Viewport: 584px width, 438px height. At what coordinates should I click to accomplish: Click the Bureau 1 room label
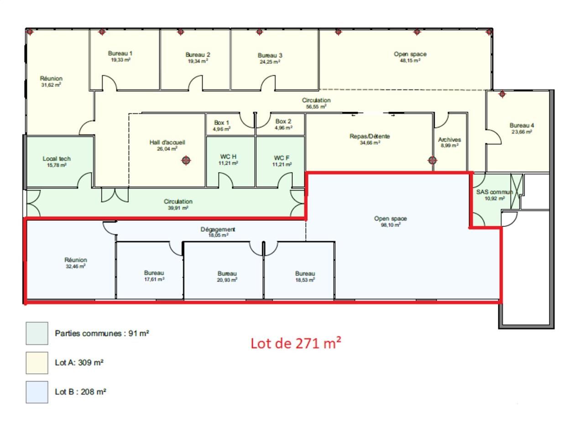click(120, 53)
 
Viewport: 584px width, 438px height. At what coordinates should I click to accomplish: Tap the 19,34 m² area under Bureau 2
click(198, 61)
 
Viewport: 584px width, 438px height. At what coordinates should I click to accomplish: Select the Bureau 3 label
click(270, 56)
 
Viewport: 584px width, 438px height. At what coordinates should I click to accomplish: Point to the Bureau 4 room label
click(521, 125)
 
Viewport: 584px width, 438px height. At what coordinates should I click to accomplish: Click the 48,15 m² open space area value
click(410, 61)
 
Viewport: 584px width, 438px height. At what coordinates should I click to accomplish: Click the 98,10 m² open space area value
click(391, 225)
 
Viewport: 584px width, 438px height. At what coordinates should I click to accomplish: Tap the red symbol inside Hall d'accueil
click(186, 160)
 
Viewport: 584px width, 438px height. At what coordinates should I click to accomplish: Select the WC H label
click(228, 157)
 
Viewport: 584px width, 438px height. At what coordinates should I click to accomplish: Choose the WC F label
click(282, 158)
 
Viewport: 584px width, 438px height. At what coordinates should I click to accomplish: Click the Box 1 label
click(222, 123)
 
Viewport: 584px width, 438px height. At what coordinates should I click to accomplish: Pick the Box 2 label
click(283, 121)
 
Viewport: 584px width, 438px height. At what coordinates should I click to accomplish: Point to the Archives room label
click(449, 140)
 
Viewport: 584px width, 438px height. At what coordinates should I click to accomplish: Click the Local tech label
click(57, 159)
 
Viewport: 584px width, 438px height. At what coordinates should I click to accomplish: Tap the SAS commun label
click(495, 192)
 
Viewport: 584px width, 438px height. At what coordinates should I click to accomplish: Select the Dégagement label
click(218, 229)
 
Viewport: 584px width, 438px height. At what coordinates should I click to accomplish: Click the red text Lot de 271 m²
click(296, 343)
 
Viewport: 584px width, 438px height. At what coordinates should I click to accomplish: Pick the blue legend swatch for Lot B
click(37, 392)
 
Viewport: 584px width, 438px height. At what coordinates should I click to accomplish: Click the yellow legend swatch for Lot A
click(37, 363)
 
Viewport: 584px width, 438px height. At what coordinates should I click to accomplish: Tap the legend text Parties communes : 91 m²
click(102, 334)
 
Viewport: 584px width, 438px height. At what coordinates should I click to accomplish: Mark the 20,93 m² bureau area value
click(227, 280)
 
